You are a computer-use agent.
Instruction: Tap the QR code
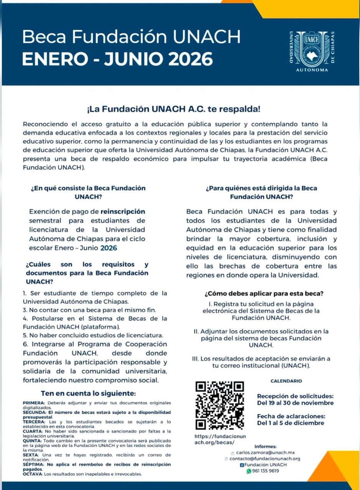(220, 406)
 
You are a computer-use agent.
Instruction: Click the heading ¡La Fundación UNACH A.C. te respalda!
(174, 109)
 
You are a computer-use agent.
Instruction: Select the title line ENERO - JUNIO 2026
(117, 59)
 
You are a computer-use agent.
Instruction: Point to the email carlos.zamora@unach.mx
(265, 452)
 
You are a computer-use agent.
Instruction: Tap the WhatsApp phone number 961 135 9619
(266, 471)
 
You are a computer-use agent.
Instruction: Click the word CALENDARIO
(286, 381)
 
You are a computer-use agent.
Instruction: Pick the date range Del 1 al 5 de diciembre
(290, 423)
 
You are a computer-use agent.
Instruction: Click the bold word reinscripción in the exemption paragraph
(123, 211)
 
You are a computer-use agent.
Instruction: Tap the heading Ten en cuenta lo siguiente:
(88, 393)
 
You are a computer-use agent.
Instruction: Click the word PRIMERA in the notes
(34, 403)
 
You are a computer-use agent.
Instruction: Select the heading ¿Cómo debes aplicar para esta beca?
(264, 294)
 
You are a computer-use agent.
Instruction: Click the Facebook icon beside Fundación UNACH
(242, 465)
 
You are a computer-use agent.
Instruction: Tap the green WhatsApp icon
(249, 471)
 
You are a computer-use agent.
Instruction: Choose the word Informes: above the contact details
(265, 446)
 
